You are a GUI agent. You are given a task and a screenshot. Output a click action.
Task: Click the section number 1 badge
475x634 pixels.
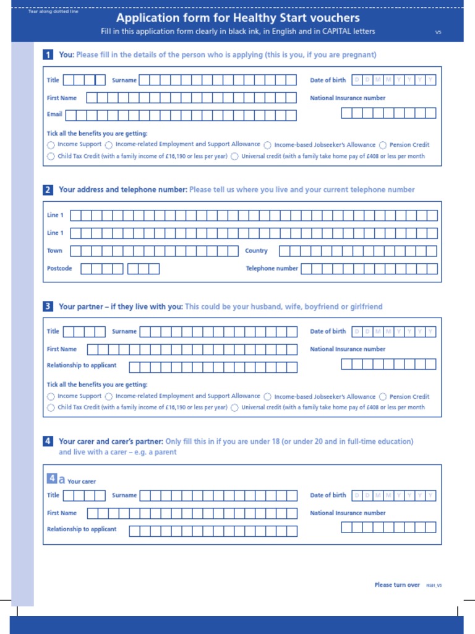click(x=48, y=54)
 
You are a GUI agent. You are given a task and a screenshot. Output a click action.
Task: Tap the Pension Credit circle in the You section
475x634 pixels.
click(x=383, y=145)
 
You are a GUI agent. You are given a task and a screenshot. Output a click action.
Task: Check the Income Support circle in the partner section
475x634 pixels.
click(x=51, y=397)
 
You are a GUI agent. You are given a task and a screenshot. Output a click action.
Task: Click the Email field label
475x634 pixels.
click(x=54, y=115)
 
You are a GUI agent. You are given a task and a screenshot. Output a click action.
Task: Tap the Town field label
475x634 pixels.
click(x=54, y=251)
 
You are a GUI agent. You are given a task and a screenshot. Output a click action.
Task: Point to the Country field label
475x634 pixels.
click(x=256, y=251)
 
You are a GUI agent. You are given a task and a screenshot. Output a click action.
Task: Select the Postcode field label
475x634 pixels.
click(x=59, y=268)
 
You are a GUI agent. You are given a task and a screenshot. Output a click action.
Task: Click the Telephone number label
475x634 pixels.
click(x=272, y=268)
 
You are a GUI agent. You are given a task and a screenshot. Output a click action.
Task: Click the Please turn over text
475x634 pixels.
click(x=397, y=584)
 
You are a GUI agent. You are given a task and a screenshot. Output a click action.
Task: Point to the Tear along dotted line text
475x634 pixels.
click(x=53, y=12)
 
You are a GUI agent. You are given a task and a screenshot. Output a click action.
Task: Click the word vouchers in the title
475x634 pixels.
click(x=332, y=18)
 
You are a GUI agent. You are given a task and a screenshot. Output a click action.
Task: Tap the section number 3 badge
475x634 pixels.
click(x=48, y=306)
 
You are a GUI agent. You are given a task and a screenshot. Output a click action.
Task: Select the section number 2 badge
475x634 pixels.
click(x=48, y=190)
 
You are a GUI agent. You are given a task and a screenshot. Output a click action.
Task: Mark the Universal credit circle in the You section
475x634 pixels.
click(x=234, y=157)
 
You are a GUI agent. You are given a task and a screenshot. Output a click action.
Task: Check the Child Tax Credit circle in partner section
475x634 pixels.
click(x=51, y=408)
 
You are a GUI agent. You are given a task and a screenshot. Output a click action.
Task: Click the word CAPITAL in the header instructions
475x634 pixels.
click(x=336, y=32)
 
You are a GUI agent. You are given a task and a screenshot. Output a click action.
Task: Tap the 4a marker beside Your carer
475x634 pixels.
click(x=56, y=479)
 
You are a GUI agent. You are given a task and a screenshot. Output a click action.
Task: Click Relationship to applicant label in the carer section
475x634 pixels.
click(x=82, y=529)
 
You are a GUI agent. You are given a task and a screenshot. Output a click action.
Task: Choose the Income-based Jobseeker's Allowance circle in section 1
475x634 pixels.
click(x=267, y=145)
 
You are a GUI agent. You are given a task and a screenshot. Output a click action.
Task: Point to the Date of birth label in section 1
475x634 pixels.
click(x=328, y=80)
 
